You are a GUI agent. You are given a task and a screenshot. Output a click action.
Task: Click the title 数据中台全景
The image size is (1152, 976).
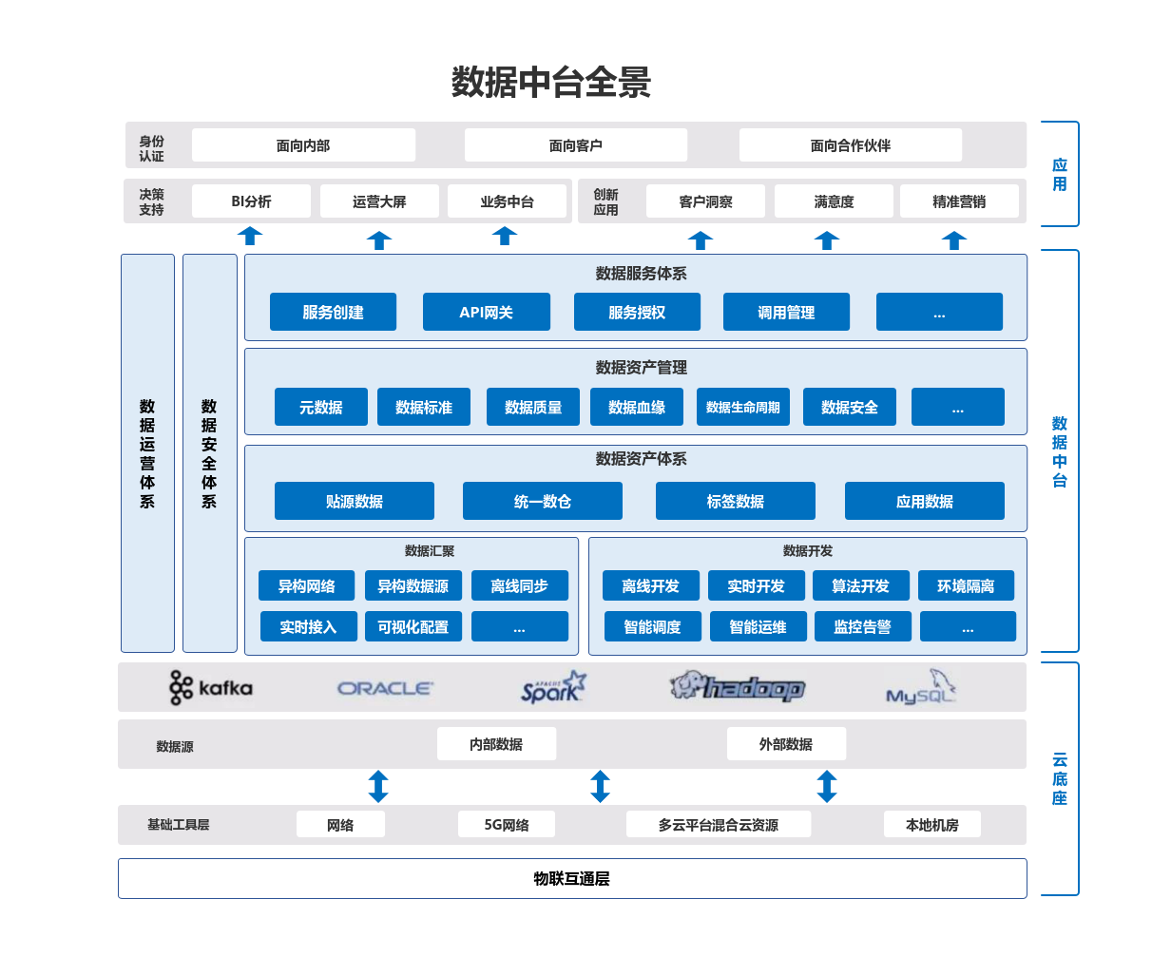click(550, 83)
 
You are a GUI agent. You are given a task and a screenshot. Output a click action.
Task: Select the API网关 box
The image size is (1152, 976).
click(486, 312)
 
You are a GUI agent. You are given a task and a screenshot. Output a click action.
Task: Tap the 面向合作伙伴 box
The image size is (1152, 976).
click(850, 145)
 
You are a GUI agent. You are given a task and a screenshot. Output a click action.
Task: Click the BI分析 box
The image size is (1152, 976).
click(251, 201)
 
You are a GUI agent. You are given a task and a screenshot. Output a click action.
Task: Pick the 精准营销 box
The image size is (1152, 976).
click(958, 201)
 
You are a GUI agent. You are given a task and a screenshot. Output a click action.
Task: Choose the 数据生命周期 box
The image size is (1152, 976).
click(742, 407)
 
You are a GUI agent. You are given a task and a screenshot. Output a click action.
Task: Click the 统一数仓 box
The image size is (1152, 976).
click(542, 501)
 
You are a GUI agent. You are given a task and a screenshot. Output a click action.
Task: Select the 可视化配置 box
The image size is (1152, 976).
click(413, 626)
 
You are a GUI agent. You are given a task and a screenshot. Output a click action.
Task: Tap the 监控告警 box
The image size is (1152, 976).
click(862, 626)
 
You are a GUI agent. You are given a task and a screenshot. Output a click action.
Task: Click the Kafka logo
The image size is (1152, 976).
click(211, 687)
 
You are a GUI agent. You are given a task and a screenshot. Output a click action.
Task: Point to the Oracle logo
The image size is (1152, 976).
click(385, 688)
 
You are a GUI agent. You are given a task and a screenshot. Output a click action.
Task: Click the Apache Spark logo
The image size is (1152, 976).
click(553, 687)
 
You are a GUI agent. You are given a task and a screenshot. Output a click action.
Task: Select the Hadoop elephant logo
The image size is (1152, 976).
click(738, 686)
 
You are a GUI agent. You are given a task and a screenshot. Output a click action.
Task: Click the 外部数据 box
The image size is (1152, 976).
click(785, 744)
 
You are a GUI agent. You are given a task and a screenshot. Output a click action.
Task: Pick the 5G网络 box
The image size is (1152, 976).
click(506, 824)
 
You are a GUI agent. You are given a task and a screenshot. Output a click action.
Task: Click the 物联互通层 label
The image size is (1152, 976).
click(571, 878)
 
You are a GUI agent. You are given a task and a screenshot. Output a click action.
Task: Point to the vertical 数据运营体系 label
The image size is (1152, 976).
click(147, 453)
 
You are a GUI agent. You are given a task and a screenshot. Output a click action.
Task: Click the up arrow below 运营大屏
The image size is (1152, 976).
click(379, 240)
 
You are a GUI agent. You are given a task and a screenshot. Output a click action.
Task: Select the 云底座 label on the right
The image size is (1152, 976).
click(1060, 778)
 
